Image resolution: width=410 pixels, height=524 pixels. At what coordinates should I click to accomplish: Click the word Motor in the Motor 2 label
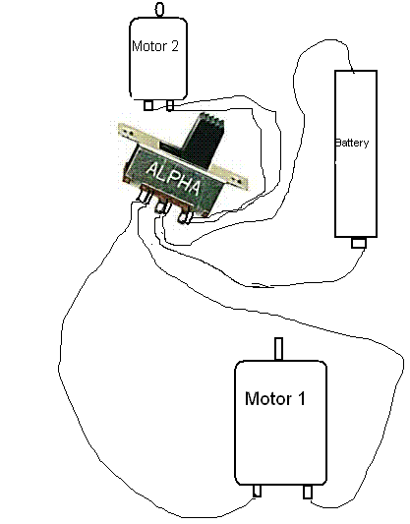(x=149, y=46)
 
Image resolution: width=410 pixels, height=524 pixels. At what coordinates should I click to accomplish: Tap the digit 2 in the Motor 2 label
(x=174, y=46)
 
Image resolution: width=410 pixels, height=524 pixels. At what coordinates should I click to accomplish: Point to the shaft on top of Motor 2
(x=160, y=9)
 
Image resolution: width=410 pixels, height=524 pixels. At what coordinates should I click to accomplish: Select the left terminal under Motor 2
(x=148, y=105)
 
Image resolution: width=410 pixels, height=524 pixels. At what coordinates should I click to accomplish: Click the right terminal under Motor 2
(x=170, y=105)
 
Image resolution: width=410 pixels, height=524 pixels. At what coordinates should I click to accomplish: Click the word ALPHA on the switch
(x=173, y=179)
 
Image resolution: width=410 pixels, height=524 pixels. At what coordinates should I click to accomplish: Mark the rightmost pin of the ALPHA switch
(x=185, y=215)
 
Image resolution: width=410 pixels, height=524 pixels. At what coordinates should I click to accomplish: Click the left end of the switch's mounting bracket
(x=125, y=130)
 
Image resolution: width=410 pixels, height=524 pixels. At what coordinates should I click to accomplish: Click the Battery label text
(x=352, y=143)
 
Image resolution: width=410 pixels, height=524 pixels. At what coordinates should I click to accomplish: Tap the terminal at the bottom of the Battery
(x=359, y=243)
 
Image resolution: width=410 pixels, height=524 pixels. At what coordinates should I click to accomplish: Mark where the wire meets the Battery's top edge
(x=353, y=71)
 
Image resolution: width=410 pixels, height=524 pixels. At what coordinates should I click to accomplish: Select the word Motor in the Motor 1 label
(x=268, y=398)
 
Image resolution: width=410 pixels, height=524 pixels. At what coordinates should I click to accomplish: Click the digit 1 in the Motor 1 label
(x=301, y=398)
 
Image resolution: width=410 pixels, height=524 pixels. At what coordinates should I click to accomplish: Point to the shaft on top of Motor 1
(x=278, y=349)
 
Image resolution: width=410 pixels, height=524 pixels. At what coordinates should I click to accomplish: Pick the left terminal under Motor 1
(x=257, y=491)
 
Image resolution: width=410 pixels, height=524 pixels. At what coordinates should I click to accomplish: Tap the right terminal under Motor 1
(x=308, y=492)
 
